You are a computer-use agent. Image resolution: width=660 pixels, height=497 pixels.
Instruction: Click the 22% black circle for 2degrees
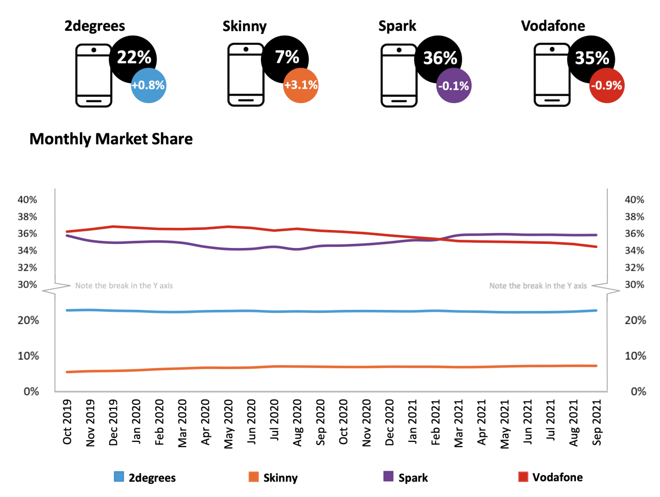click(x=133, y=58)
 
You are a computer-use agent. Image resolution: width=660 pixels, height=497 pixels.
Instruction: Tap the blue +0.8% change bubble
click(x=148, y=86)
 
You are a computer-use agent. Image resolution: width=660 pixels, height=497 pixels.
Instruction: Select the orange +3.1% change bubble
click(x=301, y=86)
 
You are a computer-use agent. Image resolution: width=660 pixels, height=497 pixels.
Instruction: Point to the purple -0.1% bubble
click(x=454, y=86)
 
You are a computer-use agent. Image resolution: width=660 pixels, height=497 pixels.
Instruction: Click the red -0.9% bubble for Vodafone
click(x=607, y=86)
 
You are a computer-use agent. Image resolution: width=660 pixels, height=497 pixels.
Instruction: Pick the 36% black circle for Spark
click(x=439, y=58)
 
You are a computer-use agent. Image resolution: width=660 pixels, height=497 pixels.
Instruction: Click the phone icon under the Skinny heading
click(x=246, y=75)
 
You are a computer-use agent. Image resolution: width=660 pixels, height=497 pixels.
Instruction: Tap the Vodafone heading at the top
click(x=553, y=26)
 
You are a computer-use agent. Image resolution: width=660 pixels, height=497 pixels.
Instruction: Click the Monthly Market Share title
click(x=111, y=139)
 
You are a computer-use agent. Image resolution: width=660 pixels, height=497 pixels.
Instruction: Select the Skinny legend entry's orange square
click(x=253, y=477)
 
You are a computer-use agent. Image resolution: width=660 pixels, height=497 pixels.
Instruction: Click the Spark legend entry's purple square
click(x=388, y=476)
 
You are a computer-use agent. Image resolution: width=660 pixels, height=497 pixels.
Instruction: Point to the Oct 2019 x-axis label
click(x=67, y=422)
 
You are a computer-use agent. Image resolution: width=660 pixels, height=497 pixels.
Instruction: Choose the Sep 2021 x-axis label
click(x=597, y=422)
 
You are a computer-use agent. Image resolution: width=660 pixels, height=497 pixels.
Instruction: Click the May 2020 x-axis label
click(x=228, y=423)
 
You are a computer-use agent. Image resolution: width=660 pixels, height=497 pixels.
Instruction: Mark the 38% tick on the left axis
click(x=27, y=217)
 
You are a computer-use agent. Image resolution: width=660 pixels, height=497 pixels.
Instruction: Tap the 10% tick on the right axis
click(x=635, y=356)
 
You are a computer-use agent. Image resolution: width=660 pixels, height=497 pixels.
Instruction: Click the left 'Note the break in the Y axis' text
click(x=124, y=286)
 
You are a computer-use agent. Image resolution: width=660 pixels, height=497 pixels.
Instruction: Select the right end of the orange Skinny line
click(x=597, y=366)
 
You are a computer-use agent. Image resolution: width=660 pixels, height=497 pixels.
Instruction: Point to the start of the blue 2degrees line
click(x=67, y=310)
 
